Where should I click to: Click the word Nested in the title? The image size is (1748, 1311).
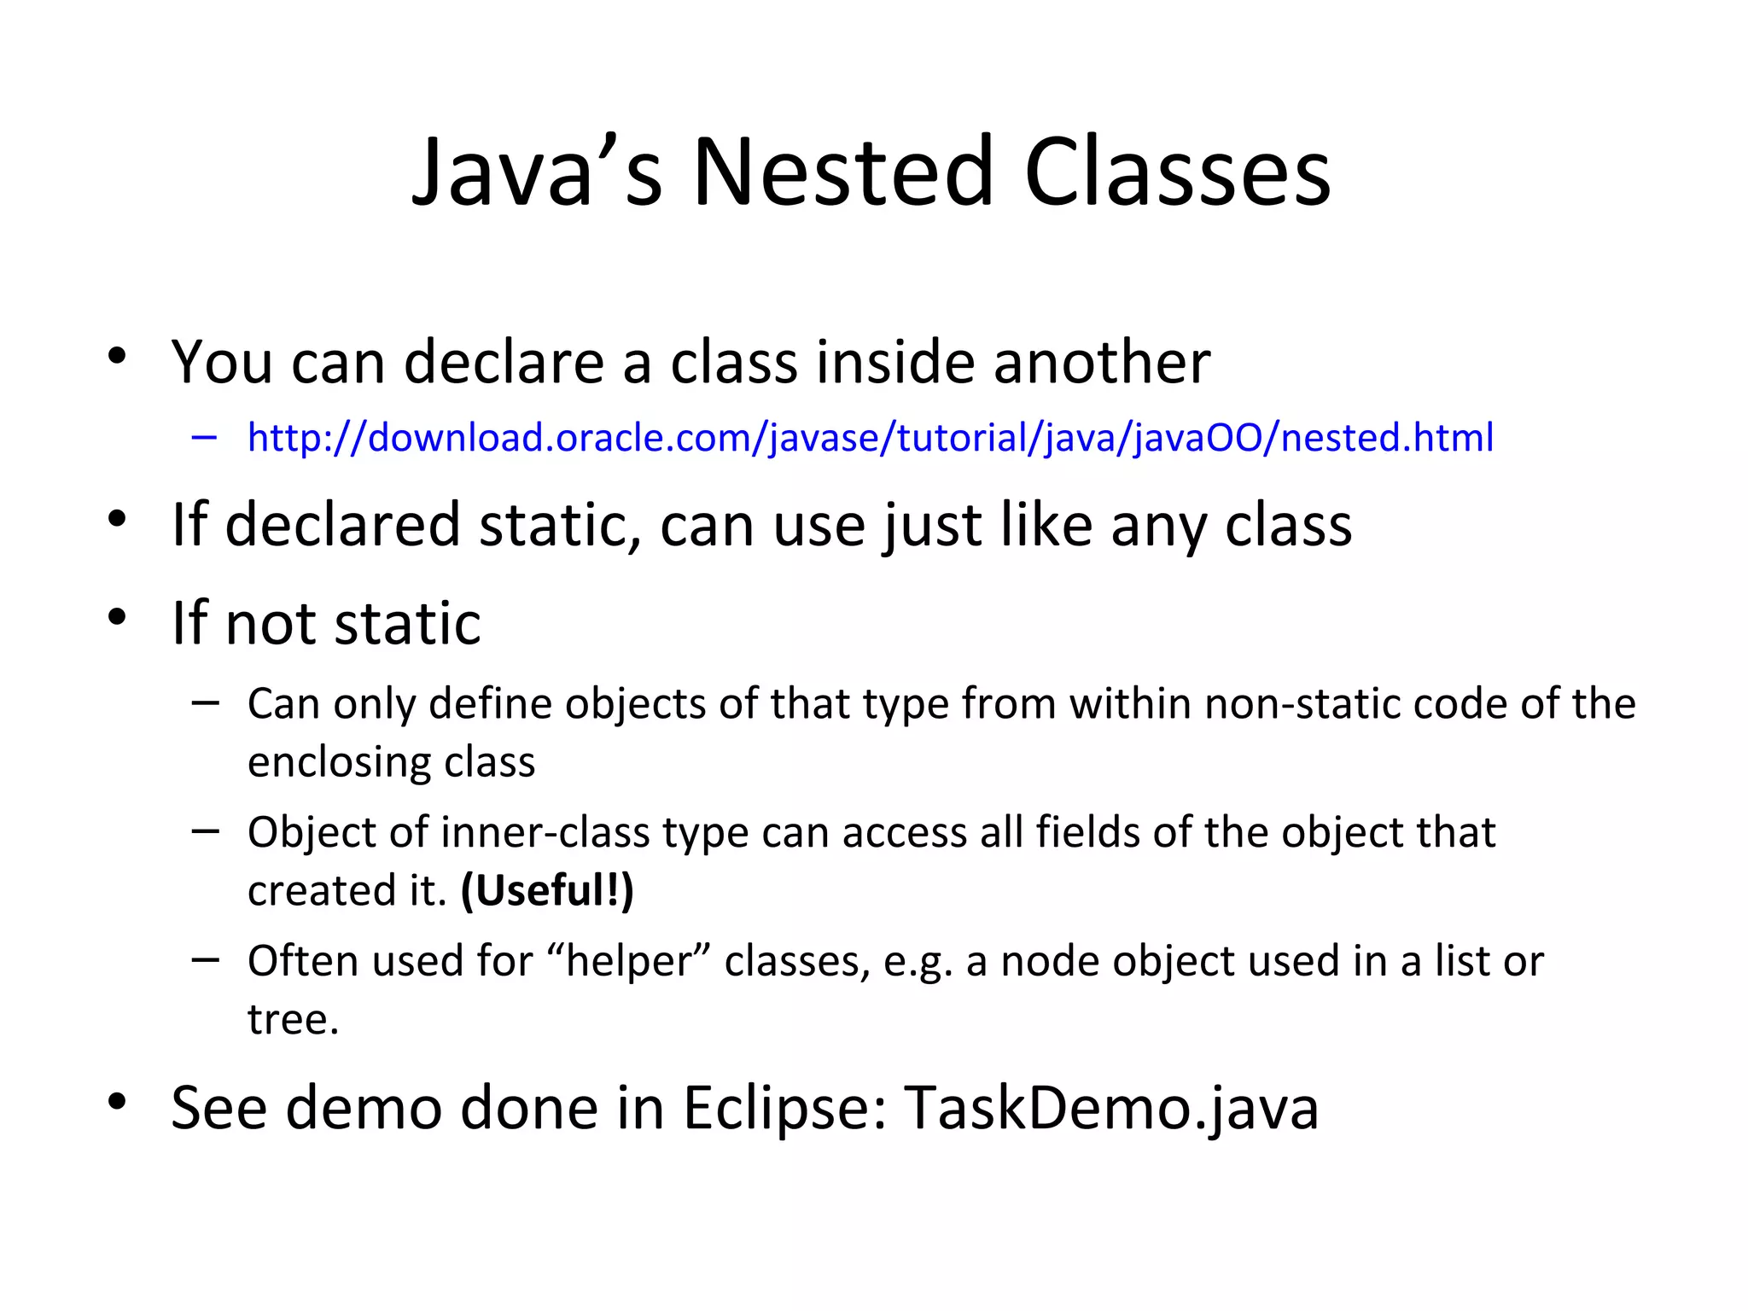pyautogui.click(x=843, y=173)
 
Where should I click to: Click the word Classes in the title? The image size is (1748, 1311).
pyautogui.click(x=1177, y=173)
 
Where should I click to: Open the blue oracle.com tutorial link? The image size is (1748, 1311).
pyautogui.click(x=870, y=438)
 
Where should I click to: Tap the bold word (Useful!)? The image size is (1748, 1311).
pyautogui.click(x=547, y=891)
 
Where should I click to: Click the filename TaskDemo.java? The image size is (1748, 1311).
pyautogui.click(x=1111, y=1108)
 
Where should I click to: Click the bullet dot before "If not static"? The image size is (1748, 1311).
pyautogui.click(x=118, y=616)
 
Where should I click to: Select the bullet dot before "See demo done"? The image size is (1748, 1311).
pyautogui.click(x=118, y=1101)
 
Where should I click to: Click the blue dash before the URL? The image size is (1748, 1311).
pyautogui.click(x=205, y=438)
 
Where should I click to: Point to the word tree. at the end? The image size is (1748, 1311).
pyautogui.click(x=293, y=1019)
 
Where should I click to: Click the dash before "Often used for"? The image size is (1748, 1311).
pyautogui.click(x=205, y=959)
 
